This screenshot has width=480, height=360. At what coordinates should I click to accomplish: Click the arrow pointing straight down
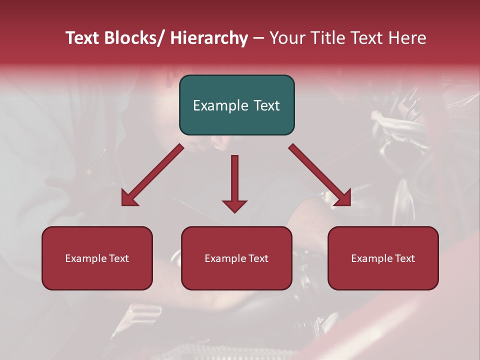(234, 182)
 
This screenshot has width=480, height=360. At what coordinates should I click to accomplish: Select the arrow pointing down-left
(152, 175)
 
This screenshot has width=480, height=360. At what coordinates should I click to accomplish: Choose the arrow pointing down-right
(319, 175)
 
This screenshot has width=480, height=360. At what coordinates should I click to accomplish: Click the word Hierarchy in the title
(209, 38)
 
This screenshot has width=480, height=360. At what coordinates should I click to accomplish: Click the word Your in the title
(287, 38)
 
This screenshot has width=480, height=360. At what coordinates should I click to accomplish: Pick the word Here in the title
(407, 38)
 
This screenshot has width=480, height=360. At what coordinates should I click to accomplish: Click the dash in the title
(258, 38)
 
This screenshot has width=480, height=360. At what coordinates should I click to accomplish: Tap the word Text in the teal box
(266, 105)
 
